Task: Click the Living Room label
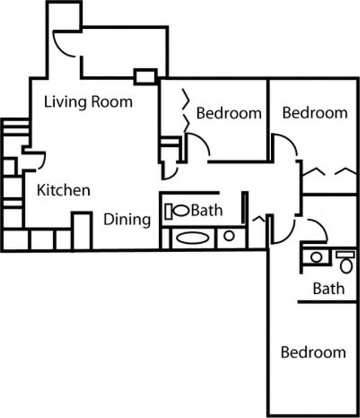[x=88, y=102]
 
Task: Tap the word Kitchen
[x=63, y=190]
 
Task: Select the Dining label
[x=127, y=220]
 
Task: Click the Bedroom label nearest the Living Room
[x=229, y=113]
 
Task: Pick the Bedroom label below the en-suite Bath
[x=313, y=353]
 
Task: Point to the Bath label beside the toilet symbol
[x=207, y=210]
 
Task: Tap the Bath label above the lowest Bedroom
[x=329, y=288]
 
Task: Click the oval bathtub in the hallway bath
[x=192, y=237]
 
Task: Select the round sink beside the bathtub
[x=229, y=235]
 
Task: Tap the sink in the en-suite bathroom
[x=317, y=257]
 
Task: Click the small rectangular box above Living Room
[x=146, y=77]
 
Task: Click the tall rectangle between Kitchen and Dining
[x=82, y=231]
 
